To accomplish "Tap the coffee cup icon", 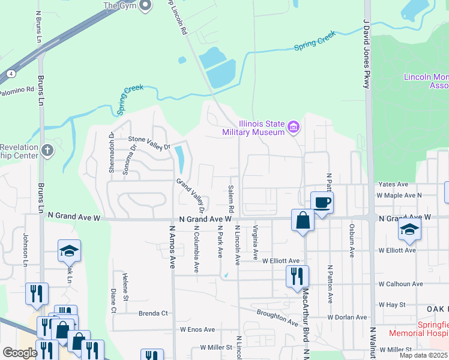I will pos(322,202).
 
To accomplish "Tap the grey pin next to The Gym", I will pos(145,6).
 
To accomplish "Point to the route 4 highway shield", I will pos(11,74).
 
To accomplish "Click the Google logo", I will pos(20,353).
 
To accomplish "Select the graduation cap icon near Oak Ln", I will pos(70,251).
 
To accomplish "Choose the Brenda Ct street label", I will pos(152,313).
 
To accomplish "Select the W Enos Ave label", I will pos(197,329).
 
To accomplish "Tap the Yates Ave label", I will pos(393,184).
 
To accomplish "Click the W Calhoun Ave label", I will pos(400,284).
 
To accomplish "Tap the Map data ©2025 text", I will pos(423,355).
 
